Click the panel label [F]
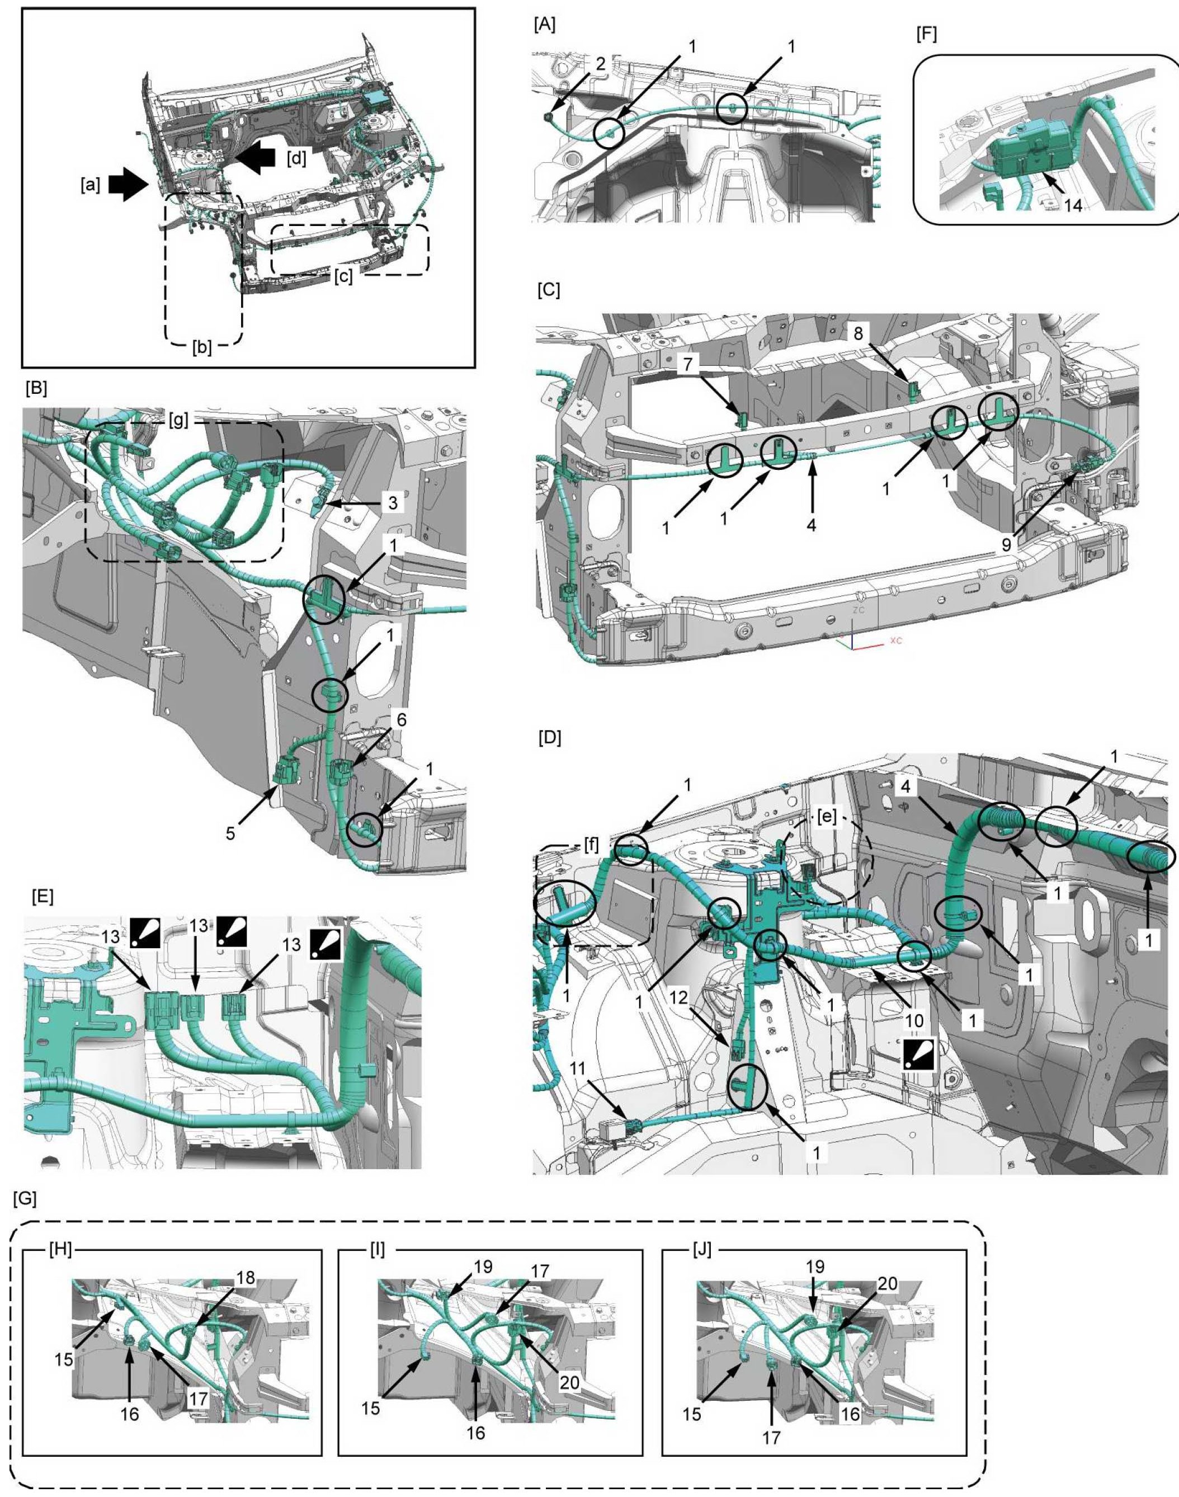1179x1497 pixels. pyautogui.click(x=926, y=35)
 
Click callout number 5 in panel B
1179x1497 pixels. pyautogui.click(x=230, y=834)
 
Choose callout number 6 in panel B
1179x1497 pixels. pyautogui.click(x=400, y=720)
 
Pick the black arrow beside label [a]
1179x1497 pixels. pyautogui.click(x=129, y=186)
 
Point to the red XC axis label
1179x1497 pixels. pyautogui.click(x=896, y=641)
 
